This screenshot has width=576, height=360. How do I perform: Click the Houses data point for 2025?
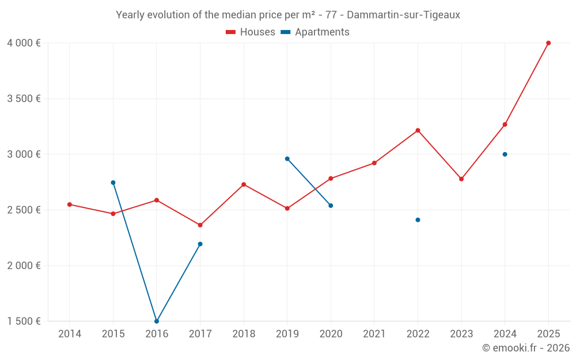pyautogui.click(x=548, y=43)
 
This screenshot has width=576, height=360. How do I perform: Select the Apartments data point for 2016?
pyautogui.click(x=157, y=321)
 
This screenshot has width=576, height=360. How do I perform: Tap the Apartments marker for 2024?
pyautogui.click(x=505, y=154)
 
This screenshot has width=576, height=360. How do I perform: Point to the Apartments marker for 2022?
pyautogui.click(x=418, y=220)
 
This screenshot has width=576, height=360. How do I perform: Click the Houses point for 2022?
pyautogui.click(x=418, y=130)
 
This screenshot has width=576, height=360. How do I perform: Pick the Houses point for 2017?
pyautogui.click(x=200, y=225)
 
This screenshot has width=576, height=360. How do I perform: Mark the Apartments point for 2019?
pyautogui.click(x=287, y=159)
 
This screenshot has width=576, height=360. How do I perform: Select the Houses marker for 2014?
pyautogui.click(x=70, y=204)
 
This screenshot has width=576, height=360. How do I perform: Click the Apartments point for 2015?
pyautogui.click(x=113, y=183)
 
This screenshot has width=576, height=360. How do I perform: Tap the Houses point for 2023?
pyautogui.click(x=461, y=179)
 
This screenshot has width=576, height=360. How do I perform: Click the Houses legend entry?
pyautogui.click(x=251, y=32)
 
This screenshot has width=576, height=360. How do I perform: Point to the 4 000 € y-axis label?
pyautogui.click(x=24, y=43)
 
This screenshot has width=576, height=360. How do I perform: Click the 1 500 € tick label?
pyautogui.click(x=24, y=321)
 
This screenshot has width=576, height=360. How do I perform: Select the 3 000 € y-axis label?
pyautogui.click(x=24, y=154)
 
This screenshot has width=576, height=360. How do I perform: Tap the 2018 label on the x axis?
pyautogui.click(x=244, y=334)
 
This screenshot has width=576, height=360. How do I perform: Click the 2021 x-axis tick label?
pyautogui.click(x=374, y=334)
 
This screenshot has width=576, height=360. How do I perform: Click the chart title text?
pyautogui.click(x=288, y=15)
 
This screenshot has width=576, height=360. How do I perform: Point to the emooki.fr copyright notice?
pyautogui.click(x=525, y=348)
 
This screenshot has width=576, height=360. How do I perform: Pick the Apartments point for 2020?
pyautogui.click(x=331, y=206)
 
